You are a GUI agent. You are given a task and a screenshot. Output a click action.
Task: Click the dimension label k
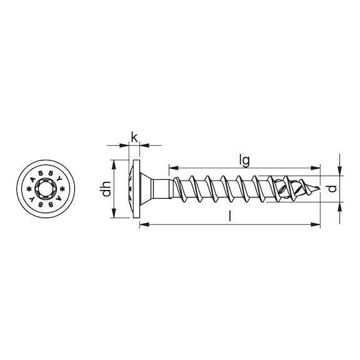134,136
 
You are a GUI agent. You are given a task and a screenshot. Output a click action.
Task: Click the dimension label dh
107,188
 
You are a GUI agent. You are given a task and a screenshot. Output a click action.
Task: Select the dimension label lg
245,160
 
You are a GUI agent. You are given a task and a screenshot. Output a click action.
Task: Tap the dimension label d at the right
333,187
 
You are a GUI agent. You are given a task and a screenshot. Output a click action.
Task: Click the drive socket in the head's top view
46,188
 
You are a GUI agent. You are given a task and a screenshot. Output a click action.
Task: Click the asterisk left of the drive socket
29,188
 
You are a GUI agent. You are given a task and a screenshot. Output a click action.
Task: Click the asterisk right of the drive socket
62,188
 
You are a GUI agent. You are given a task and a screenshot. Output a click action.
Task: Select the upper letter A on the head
32,179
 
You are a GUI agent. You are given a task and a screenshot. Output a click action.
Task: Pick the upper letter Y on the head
60,179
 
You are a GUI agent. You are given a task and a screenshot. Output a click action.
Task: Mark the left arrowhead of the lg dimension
172,167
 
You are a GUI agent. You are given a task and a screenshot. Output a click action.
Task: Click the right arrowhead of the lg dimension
316,167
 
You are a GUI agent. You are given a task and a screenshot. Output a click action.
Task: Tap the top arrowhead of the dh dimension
113,162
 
